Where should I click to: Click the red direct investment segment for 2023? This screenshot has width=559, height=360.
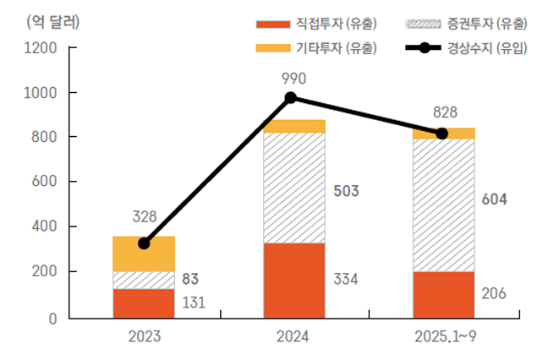point(144,303)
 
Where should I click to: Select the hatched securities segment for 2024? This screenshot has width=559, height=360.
point(293,188)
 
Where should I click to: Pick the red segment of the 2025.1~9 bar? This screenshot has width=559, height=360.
point(443,295)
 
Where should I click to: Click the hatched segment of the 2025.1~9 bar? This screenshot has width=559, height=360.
point(443,205)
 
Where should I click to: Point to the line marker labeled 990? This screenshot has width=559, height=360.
point(291,98)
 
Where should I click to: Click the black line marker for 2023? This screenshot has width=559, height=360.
point(144,243)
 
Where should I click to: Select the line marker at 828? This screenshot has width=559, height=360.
point(441,134)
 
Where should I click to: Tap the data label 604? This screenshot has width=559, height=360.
point(495,200)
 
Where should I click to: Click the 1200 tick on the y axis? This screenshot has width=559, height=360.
point(39,48)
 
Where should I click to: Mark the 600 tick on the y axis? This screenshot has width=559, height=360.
point(42,182)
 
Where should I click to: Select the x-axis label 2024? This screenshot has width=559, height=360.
point(293,335)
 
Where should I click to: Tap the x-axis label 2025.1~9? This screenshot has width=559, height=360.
point(443,335)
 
